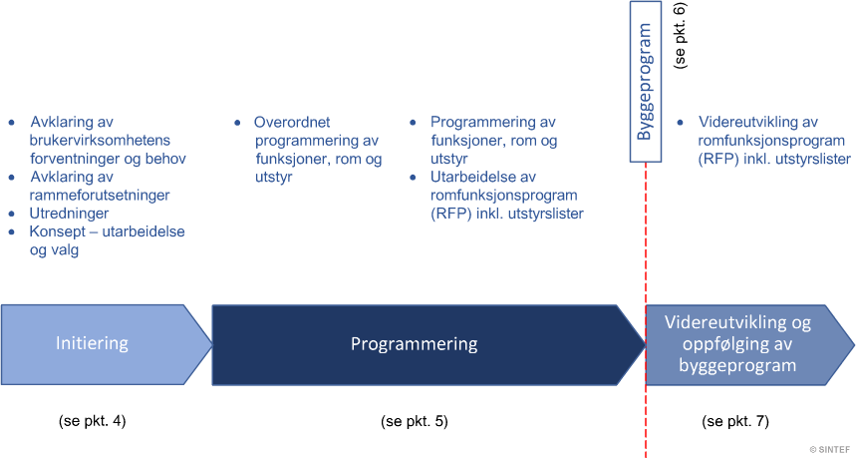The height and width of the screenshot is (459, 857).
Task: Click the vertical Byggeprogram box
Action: (646, 82)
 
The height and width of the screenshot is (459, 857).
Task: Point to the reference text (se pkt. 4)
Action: (93, 421)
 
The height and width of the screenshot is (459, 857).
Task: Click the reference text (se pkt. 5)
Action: (415, 421)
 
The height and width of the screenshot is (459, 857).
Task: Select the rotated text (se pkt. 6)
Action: (681, 35)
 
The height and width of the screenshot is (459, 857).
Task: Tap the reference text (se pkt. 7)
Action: (735, 421)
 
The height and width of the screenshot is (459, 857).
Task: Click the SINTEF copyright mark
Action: (832, 450)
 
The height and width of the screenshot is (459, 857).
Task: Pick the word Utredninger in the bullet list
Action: (69, 214)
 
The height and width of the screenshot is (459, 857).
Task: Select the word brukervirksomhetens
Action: (100, 140)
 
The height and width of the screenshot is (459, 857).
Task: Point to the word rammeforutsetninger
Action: (100, 196)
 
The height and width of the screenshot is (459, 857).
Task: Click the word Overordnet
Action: (292, 122)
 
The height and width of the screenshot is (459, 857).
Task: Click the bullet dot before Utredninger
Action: (12, 214)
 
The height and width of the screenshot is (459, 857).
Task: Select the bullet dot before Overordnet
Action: (237, 123)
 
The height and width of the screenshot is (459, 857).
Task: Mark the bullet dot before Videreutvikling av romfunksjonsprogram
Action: (681, 123)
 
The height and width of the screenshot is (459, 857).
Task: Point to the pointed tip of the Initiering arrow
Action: (212, 344)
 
